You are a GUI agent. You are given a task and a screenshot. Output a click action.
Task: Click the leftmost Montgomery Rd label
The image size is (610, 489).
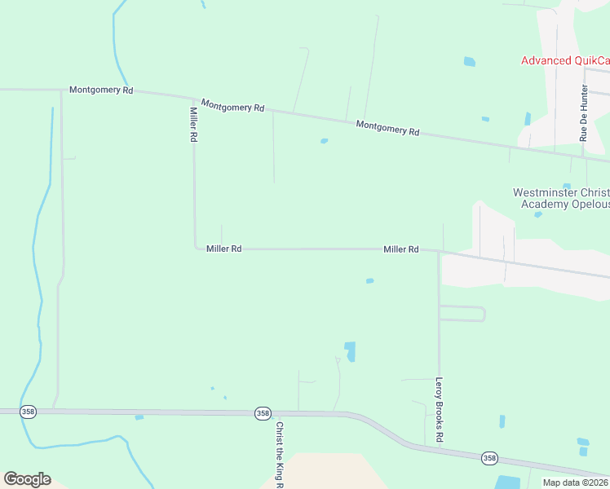point(101,90)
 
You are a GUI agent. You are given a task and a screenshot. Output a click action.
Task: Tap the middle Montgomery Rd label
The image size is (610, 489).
point(233,107)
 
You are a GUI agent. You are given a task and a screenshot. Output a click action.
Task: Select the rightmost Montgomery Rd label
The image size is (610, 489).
point(388,128)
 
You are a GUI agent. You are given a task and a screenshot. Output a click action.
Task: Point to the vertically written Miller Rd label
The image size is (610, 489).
point(194,125)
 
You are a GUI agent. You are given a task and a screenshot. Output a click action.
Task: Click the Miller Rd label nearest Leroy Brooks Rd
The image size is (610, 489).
point(401,249)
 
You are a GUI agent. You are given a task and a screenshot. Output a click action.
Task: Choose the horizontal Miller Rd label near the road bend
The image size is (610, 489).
point(223,249)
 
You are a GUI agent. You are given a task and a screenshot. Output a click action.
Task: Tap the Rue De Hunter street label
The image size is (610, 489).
point(584,112)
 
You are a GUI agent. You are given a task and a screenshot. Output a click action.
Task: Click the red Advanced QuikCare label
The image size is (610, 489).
point(565,60)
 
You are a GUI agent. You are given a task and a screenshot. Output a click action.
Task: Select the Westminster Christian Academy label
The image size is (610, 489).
point(561,198)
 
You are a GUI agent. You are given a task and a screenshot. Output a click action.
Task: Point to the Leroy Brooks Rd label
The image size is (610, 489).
point(439,409)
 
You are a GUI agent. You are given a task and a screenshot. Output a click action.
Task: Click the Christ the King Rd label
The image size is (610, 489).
point(279,453)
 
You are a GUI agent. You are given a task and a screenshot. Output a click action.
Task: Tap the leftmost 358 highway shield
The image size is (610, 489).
point(29,412)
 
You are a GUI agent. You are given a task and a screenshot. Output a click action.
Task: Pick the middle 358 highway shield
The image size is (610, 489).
point(263,413)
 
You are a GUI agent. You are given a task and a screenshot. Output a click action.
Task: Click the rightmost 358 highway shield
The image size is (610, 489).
point(488,458)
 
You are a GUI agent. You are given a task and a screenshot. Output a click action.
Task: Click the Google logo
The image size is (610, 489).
point(27,479)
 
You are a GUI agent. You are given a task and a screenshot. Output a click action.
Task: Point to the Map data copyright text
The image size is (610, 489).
point(575,482)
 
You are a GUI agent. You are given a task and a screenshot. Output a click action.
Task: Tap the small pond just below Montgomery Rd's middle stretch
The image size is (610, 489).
point(324,141)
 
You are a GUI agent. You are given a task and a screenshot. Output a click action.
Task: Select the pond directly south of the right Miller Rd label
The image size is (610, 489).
point(369,281)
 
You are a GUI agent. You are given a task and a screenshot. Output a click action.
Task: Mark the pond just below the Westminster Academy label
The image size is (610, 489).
point(537,215)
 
